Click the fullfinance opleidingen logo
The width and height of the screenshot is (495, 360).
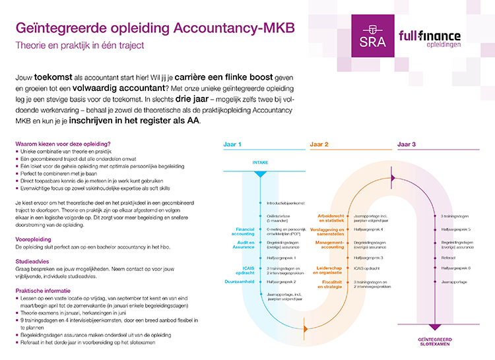click(430, 40)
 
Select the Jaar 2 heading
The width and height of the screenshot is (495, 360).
click(318, 144)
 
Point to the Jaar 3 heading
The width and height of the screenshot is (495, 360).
click(407, 144)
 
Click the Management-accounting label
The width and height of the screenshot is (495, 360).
click(331, 245)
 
